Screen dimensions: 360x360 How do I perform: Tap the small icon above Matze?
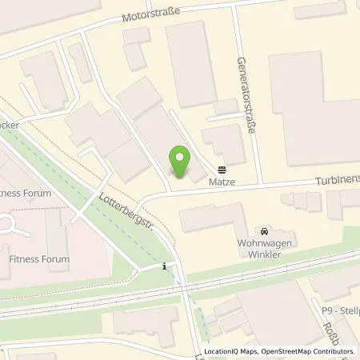222,169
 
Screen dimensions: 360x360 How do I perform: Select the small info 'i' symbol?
165,266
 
